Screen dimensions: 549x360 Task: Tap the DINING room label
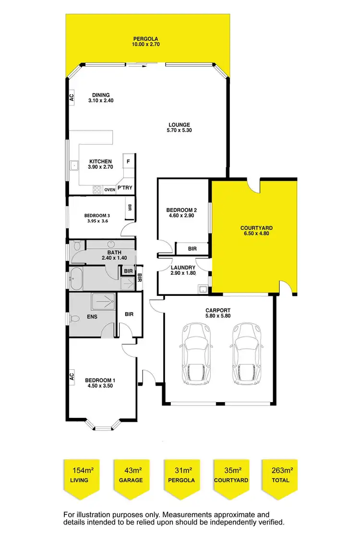(x=101, y=95)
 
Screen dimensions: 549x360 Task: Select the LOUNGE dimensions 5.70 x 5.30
(x=179, y=130)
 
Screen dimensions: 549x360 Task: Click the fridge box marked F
(x=128, y=162)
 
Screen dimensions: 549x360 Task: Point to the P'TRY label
(x=124, y=189)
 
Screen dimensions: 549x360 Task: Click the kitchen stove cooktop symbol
(x=97, y=189)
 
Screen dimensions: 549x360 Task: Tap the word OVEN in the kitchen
(x=109, y=189)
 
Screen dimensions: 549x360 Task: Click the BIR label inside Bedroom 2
(x=192, y=249)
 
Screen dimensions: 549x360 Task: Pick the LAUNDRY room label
(x=183, y=268)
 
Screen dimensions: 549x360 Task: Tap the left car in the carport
(x=195, y=353)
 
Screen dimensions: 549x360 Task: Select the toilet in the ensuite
(x=74, y=318)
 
